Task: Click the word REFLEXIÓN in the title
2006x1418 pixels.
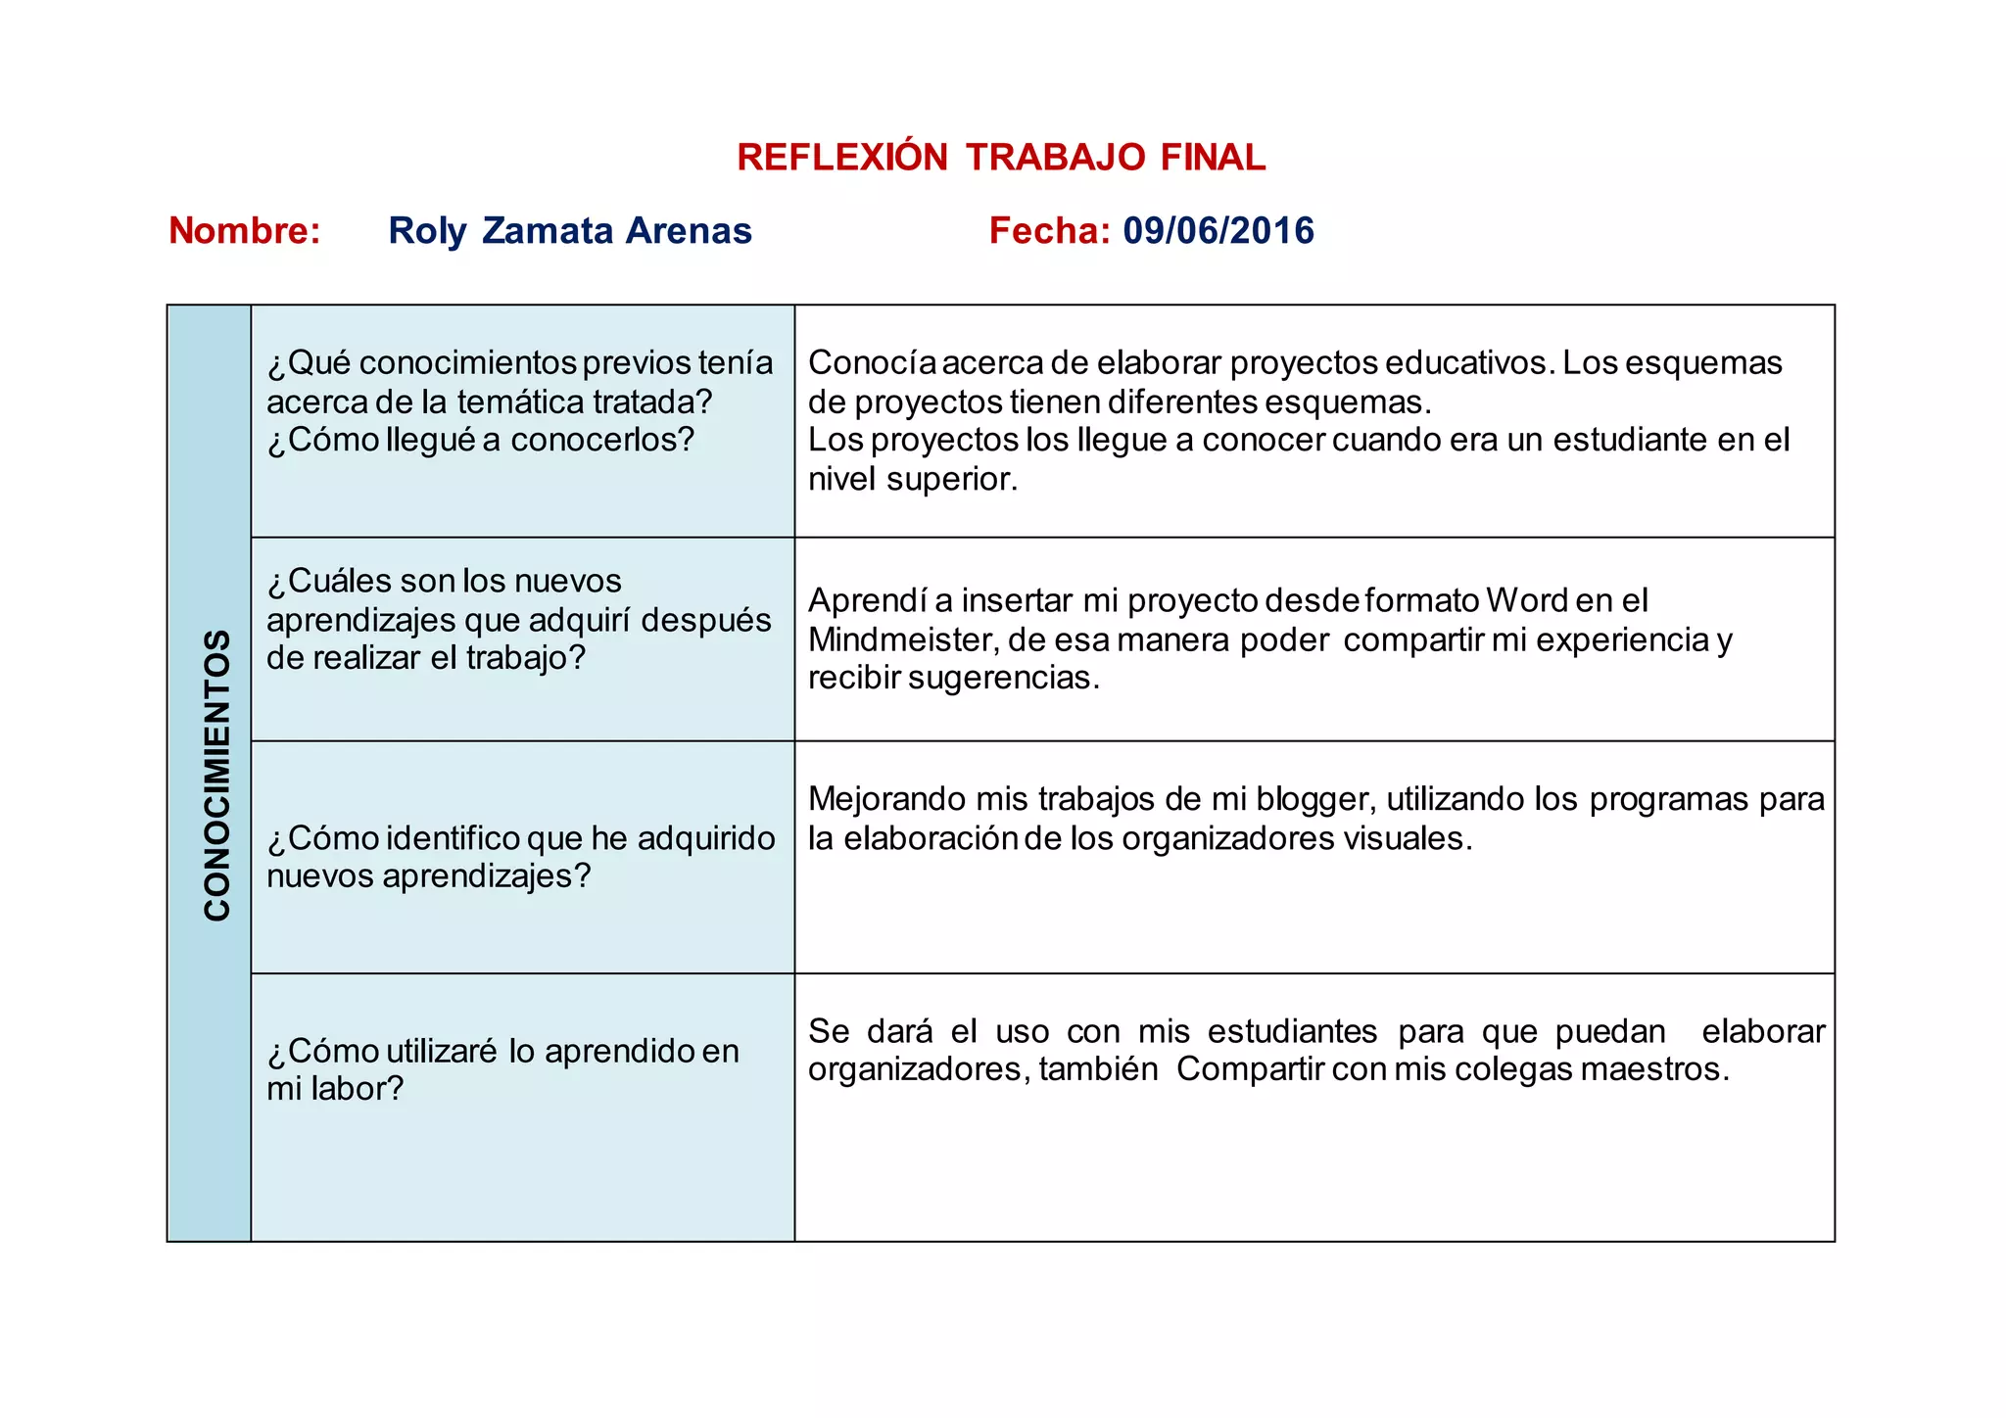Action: pos(842,158)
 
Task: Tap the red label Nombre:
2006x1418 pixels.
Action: pos(245,231)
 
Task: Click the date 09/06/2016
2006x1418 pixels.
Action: pos(1218,231)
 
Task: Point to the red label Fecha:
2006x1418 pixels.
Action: pos(1049,231)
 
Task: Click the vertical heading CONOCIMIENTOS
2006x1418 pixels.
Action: pos(216,775)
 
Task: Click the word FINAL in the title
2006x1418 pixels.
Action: pos(1213,158)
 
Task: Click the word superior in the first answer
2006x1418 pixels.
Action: pos(950,480)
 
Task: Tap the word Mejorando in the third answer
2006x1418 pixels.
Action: pos(885,800)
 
